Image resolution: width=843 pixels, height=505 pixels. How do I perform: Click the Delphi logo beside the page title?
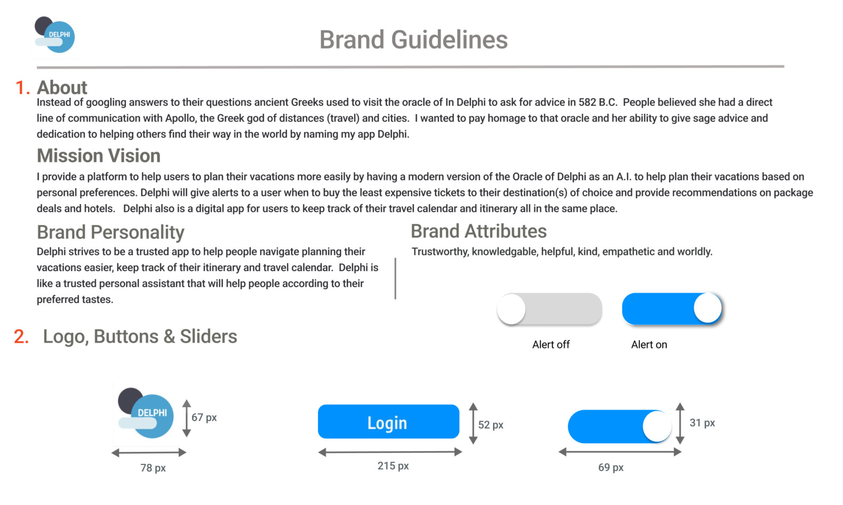point(55,35)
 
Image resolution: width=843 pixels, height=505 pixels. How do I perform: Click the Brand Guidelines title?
point(414,39)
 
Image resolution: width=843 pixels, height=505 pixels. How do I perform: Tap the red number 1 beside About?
point(22,88)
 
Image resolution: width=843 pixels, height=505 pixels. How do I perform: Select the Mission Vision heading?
point(98,156)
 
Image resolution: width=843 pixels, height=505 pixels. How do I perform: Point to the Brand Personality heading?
point(111,232)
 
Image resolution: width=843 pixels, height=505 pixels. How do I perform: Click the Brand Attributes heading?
point(479,231)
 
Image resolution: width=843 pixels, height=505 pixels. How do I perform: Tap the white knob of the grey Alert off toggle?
point(511,309)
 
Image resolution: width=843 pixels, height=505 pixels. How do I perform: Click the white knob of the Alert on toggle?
point(707,308)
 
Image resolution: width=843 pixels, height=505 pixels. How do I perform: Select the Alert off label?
point(551,344)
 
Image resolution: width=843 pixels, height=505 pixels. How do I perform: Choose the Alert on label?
point(649,344)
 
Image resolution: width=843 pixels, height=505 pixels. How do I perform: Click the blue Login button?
point(388,422)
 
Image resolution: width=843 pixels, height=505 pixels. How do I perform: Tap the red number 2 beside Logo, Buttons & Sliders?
point(21,336)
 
